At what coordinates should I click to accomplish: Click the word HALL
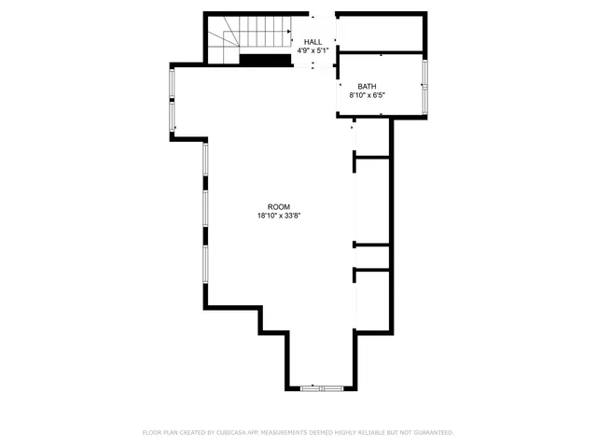pyautogui.click(x=312, y=42)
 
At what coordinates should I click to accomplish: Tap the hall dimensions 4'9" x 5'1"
pyautogui.click(x=312, y=50)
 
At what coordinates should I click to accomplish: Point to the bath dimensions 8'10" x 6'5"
pyautogui.click(x=367, y=95)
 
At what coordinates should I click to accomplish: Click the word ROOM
pyautogui.click(x=279, y=207)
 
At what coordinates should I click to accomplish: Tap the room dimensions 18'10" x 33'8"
pyautogui.click(x=279, y=217)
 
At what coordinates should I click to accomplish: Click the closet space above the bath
pyautogui.click(x=380, y=34)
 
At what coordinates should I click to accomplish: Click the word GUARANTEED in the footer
pyautogui.click(x=430, y=433)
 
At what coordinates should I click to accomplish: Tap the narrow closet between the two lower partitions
pyautogui.click(x=372, y=258)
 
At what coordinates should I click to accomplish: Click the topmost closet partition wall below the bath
pyautogui.click(x=372, y=157)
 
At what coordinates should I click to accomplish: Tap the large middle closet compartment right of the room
pyautogui.click(x=372, y=200)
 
